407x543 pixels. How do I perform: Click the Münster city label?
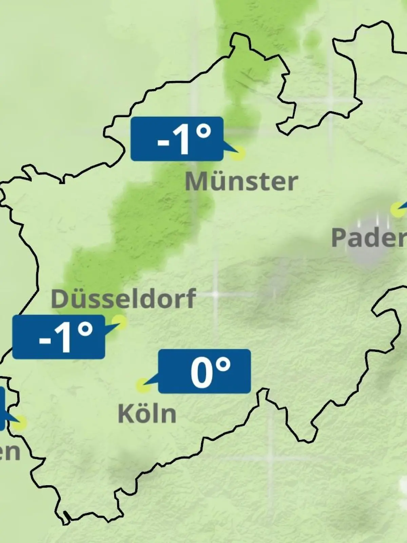[241, 182]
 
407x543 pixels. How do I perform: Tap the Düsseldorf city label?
[123, 299]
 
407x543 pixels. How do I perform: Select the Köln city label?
[147, 414]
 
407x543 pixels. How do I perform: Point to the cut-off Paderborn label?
[369, 238]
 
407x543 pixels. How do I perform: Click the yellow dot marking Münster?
[238, 153]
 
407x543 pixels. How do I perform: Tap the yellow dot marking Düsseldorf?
[119, 321]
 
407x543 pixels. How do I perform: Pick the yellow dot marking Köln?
[143, 386]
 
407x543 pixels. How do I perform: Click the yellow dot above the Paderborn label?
[397, 209]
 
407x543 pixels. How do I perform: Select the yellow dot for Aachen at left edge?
[20, 423]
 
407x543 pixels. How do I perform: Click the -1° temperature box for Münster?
[177, 139]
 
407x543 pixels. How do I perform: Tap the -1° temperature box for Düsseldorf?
[58, 337]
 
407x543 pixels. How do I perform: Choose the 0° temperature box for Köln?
[205, 371]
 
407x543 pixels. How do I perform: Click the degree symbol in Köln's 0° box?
[223, 366]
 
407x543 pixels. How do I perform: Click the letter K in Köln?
[125, 414]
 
